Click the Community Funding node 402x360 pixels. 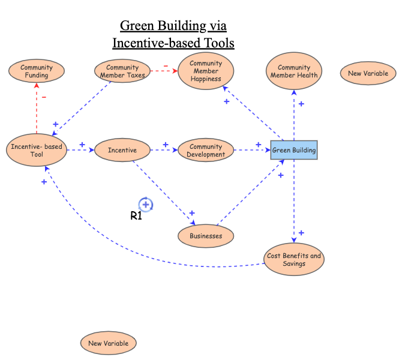click(37, 71)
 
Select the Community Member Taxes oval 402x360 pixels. click(122, 71)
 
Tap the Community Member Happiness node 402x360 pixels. click(205, 71)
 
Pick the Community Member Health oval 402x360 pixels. click(294, 71)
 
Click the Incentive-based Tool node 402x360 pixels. click(37, 150)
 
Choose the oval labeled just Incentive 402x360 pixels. click(122, 150)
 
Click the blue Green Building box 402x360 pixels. click(293, 150)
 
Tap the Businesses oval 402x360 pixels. click(206, 236)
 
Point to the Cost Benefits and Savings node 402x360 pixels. click(294, 259)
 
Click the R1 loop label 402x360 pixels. click(136, 217)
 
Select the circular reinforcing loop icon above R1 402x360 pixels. click(146, 205)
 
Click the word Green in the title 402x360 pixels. click(136, 26)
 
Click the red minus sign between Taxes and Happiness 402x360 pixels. click(166, 65)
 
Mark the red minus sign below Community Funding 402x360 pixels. click(44, 96)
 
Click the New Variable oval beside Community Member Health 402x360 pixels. click(368, 73)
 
